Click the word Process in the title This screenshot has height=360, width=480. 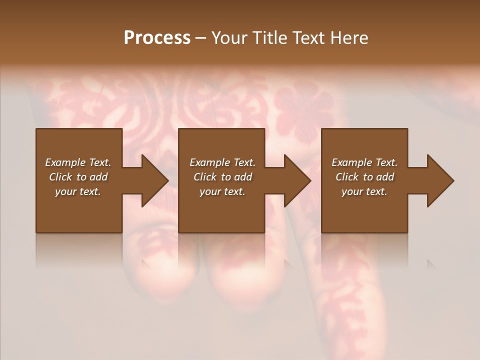pyautogui.click(x=157, y=38)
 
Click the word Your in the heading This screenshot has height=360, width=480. pyautogui.click(x=228, y=38)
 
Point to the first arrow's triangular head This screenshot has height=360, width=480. pyautogui.click(x=154, y=180)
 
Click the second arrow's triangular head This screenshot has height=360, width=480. pyautogui.click(x=297, y=180)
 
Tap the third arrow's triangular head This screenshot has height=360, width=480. pyautogui.click(x=440, y=180)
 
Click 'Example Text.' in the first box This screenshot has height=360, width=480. pyautogui.click(x=78, y=162)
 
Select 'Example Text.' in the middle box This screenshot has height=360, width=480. pyautogui.click(x=222, y=162)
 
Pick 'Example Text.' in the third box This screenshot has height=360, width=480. pyautogui.click(x=364, y=162)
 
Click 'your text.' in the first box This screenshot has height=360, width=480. pyautogui.click(x=78, y=191)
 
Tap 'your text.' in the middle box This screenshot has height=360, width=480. pyautogui.click(x=222, y=191)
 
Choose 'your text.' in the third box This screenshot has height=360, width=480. pyautogui.click(x=364, y=191)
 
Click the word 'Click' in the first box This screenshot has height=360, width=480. pyautogui.click(x=60, y=177)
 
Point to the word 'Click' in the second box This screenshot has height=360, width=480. pyautogui.click(x=205, y=177)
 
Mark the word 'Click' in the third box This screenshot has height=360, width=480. pyautogui.click(x=347, y=177)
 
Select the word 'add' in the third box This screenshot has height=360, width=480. pyautogui.click(x=385, y=177)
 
